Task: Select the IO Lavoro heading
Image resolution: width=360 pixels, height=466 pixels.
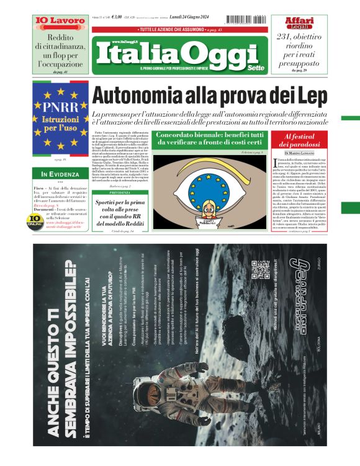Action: (x=60, y=21)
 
